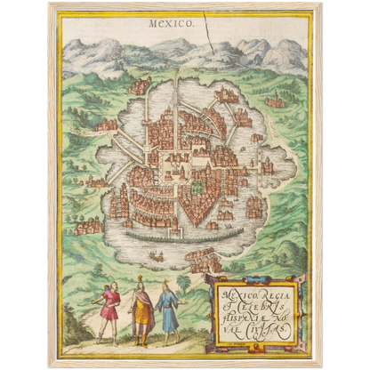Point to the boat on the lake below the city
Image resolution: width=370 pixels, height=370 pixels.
157,257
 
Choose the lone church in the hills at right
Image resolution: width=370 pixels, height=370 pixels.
276,101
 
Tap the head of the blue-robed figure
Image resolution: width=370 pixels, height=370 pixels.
165,286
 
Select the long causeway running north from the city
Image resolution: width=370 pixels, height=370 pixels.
177,98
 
